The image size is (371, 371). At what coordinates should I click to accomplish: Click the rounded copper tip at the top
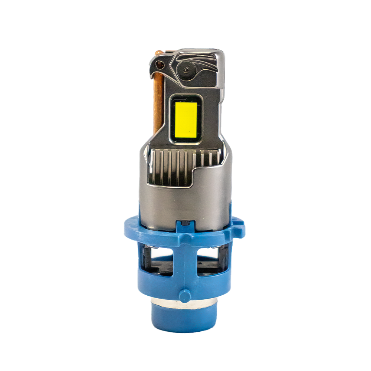159,53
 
